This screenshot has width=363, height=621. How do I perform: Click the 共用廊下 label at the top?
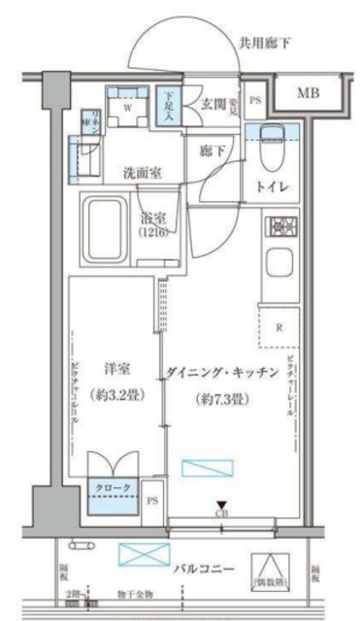(x=265, y=42)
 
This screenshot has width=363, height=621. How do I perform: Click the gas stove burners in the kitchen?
(x=281, y=228)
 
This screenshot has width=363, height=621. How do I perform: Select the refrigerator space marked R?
(x=280, y=327)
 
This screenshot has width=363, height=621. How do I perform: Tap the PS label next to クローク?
(x=150, y=501)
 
